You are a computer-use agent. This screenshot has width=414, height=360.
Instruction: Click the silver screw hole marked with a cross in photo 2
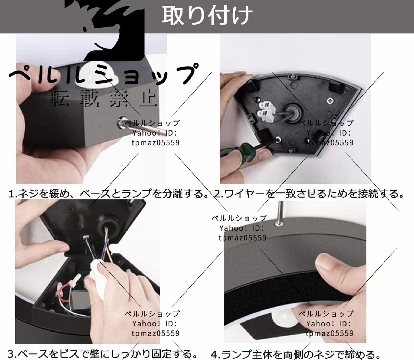(330, 100)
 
